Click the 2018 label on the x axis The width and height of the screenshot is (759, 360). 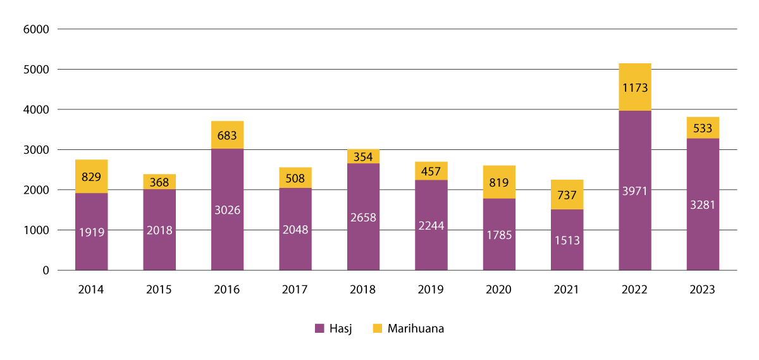pyautogui.click(x=363, y=290)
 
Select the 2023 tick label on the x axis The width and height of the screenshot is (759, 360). pyautogui.click(x=702, y=290)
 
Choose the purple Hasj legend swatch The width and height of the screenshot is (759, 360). pyautogui.click(x=319, y=328)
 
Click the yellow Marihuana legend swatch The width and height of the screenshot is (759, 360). pyautogui.click(x=378, y=328)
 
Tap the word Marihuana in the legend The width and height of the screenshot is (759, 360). pyautogui.click(x=416, y=328)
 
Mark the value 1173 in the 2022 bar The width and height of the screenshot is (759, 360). pyautogui.click(x=634, y=88)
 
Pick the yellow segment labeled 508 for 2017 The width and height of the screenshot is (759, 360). pyautogui.click(x=295, y=178)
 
